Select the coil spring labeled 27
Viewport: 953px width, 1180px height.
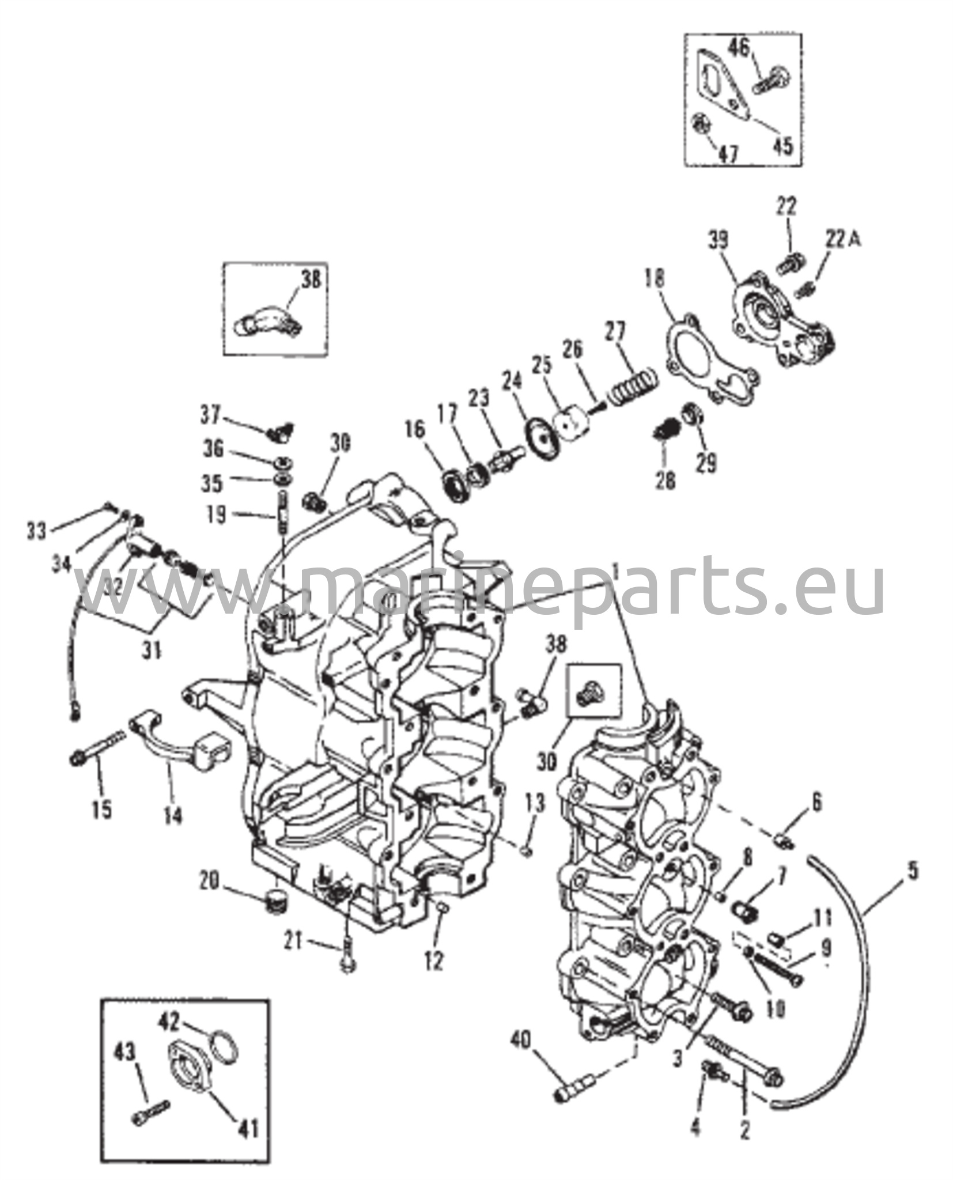coord(631,385)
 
